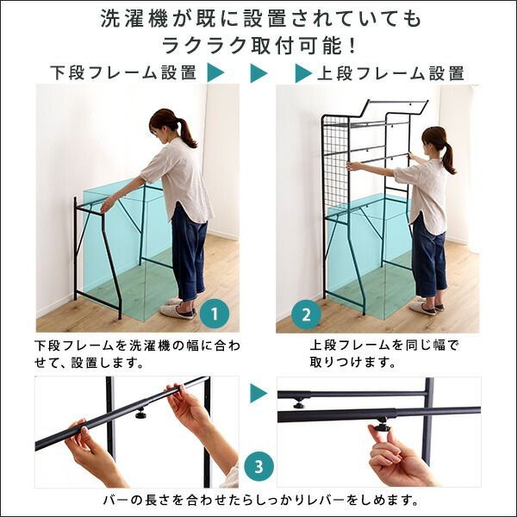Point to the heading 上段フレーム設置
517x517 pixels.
(391, 73)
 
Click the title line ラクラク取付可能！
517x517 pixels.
(258, 44)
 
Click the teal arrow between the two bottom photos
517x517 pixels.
(258, 394)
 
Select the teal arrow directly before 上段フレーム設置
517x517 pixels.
(302, 74)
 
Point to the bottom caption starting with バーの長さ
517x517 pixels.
(258, 500)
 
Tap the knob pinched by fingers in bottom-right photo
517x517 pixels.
(379, 427)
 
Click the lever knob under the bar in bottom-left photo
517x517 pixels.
(140, 413)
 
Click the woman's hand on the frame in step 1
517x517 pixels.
(107, 203)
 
